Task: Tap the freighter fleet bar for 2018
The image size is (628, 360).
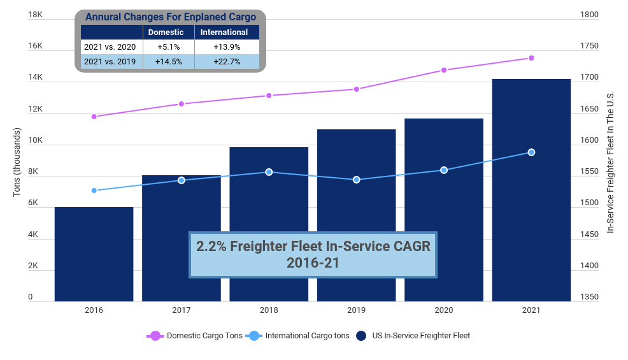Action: (269, 224)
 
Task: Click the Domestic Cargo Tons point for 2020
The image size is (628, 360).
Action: (444, 70)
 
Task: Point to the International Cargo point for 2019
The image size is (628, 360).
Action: (357, 180)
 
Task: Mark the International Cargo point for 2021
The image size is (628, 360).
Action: (531, 152)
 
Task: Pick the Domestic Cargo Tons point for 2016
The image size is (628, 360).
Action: (94, 117)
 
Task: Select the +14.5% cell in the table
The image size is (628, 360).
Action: (169, 62)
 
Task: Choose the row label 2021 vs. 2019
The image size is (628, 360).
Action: (110, 62)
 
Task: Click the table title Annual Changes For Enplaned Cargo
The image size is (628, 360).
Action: (170, 17)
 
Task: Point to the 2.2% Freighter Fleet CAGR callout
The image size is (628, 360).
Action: (313, 254)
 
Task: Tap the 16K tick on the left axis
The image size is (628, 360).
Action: (35, 47)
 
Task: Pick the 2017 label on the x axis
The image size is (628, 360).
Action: (182, 310)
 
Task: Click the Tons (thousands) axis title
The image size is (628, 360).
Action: (17, 162)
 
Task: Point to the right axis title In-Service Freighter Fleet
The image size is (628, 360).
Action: (610, 162)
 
